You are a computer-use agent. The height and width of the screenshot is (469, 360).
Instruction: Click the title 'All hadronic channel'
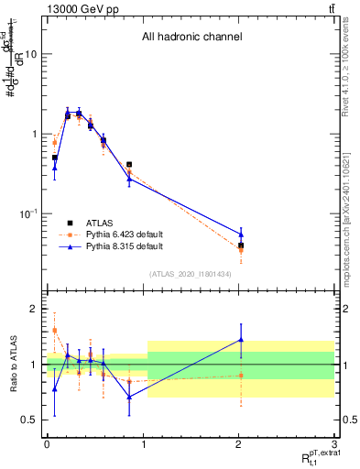pos(191,38)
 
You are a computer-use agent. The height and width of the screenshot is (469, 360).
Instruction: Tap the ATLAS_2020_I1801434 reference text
pos(190,274)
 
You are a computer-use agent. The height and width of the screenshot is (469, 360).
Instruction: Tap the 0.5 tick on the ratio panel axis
pos(30,420)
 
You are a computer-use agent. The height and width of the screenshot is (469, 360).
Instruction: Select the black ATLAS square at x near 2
pos(241,245)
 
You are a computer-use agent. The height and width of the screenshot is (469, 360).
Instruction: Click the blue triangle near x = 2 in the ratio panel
pos(241,340)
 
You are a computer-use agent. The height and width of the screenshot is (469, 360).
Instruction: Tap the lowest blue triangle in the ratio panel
pos(129,397)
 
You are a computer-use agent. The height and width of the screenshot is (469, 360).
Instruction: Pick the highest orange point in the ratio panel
pos(55,331)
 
